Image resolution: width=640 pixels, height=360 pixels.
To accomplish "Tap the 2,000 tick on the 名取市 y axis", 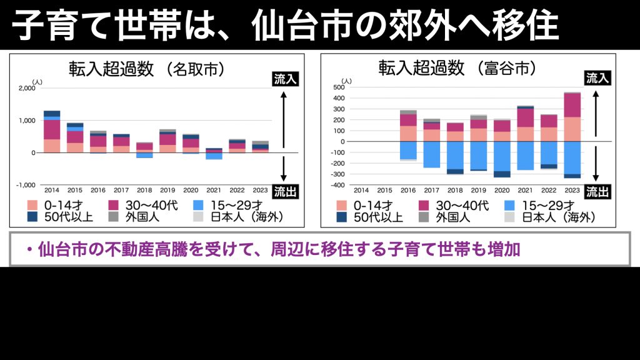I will (27, 88).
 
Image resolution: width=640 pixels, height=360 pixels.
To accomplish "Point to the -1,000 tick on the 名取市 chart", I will (26, 185).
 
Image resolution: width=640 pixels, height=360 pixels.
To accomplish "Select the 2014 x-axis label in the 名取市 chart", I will (52, 189).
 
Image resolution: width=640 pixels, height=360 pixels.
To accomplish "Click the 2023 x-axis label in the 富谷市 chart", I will (572, 189).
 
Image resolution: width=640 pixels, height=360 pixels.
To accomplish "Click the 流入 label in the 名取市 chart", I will (285, 79).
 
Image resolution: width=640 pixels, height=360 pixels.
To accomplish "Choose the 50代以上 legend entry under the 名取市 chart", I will (59, 217).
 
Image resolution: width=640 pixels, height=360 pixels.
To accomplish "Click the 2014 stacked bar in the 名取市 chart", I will (52, 131).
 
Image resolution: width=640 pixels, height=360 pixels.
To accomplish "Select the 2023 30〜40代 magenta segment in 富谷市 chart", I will (572, 105).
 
